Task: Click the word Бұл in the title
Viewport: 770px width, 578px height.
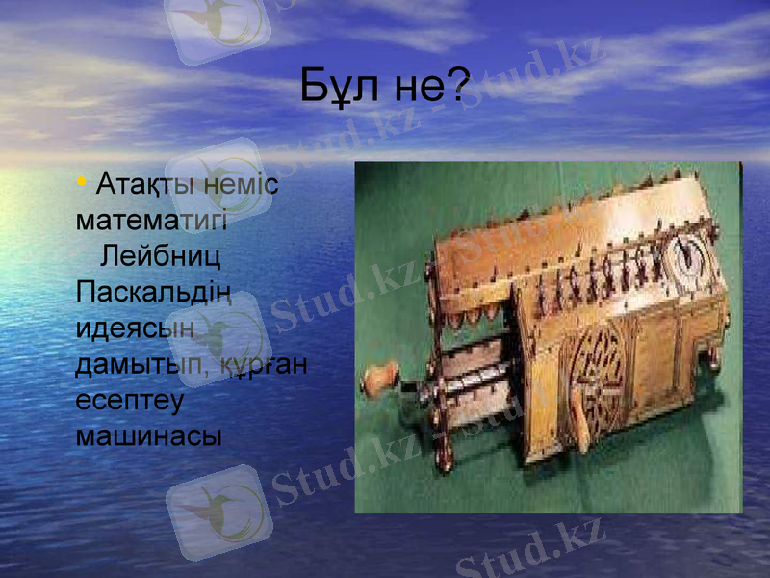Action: [x=336, y=87]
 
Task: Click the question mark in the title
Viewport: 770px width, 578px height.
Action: [x=458, y=87]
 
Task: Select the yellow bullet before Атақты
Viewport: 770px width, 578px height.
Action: [x=83, y=181]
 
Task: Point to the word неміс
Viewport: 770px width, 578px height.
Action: [x=244, y=183]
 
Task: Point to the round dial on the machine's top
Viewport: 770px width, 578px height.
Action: [x=691, y=254]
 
